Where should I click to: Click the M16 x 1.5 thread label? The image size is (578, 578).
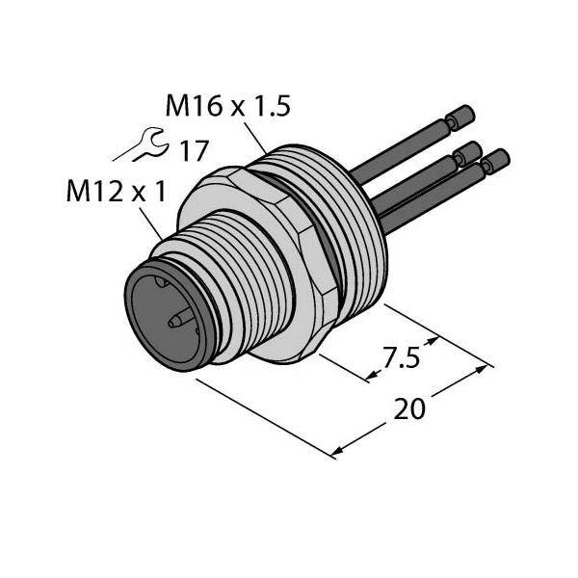click(227, 106)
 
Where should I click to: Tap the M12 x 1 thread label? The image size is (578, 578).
click(117, 192)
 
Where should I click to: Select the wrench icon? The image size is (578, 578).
click(142, 144)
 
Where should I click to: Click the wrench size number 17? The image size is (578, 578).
click(195, 151)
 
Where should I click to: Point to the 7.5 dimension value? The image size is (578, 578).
click(401, 357)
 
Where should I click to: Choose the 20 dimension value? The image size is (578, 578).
click(409, 408)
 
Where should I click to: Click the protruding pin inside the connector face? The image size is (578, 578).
click(181, 319)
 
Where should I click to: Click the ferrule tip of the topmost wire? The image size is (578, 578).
click(460, 118)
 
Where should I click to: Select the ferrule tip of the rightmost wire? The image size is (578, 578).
click(496, 160)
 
